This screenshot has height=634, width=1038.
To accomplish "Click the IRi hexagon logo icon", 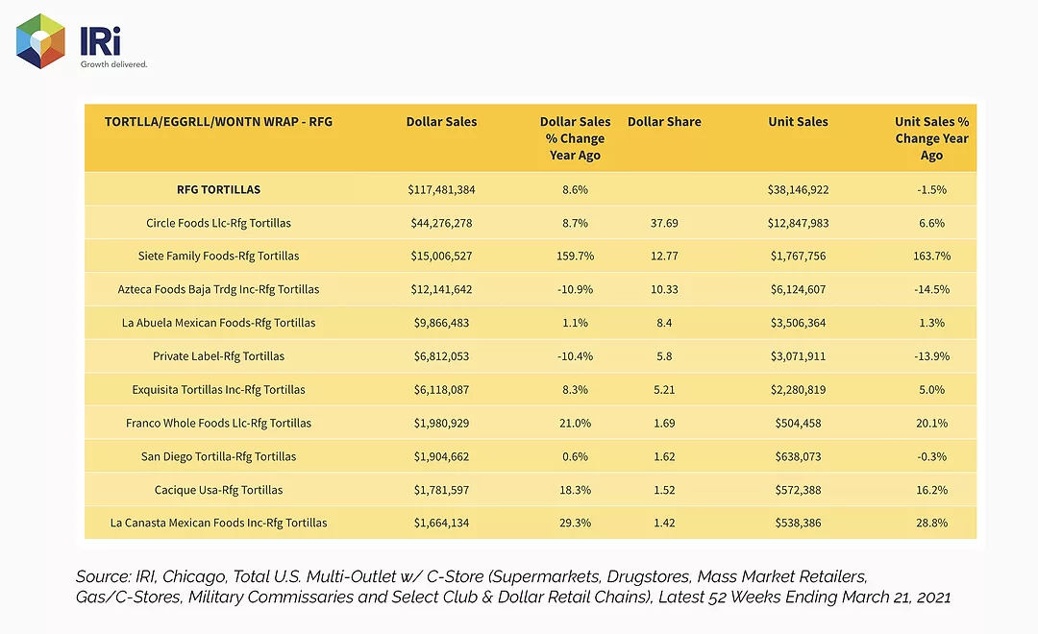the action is [x=40, y=41].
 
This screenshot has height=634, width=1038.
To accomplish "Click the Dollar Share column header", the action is [x=664, y=122].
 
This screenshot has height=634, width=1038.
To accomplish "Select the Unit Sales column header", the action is [x=798, y=122].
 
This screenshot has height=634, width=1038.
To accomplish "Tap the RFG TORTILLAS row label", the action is [x=218, y=189].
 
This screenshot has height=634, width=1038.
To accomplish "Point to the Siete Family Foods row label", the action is [x=218, y=256].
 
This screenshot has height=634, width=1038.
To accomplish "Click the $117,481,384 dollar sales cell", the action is [x=441, y=190].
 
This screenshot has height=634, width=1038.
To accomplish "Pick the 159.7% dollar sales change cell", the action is [x=576, y=256].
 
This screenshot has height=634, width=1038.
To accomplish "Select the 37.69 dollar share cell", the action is [x=664, y=223].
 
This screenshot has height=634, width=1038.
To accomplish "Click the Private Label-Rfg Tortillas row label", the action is [x=218, y=356].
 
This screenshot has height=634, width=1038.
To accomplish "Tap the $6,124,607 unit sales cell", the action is [x=798, y=289].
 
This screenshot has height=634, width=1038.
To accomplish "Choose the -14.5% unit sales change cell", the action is [x=931, y=289].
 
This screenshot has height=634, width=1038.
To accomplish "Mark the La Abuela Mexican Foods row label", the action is [x=218, y=323].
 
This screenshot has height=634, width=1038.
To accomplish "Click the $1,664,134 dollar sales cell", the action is [x=441, y=523].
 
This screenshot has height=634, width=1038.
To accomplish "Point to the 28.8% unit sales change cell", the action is [x=931, y=523].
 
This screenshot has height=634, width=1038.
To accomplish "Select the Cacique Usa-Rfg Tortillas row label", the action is [x=218, y=490].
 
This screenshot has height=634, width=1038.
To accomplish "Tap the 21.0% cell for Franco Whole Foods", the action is [x=576, y=423].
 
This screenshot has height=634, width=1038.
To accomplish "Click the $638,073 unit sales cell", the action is [x=798, y=456].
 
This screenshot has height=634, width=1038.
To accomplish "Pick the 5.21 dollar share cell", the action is [x=664, y=390].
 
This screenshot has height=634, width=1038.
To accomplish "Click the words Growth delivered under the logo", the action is [x=113, y=64].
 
